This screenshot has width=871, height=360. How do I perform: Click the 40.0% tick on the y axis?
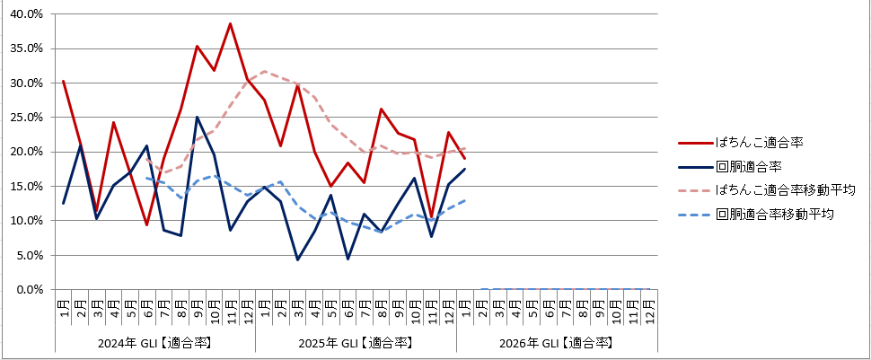click(x=25, y=14)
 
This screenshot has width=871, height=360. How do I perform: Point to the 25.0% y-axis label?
click(x=25, y=118)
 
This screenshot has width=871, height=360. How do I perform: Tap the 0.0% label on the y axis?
click(x=28, y=290)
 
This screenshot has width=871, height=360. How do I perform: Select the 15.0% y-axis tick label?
click(x=25, y=187)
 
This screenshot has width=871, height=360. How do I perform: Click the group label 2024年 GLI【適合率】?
click(x=155, y=343)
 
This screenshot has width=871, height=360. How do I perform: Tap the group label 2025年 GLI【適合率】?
click(x=356, y=343)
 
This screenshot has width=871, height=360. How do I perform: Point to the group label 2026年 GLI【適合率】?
click(x=558, y=343)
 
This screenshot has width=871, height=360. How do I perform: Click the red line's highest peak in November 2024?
click(x=231, y=23)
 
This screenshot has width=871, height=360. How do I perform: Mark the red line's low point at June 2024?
click(x=146, y=224)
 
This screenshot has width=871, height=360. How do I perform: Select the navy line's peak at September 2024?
click(x=197, y=117)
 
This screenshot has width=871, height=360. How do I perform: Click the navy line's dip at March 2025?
click(x=297, y=260)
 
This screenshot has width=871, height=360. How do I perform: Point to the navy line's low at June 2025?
click(x=348, y=259)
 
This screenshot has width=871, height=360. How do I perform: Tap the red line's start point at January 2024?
click(x=63, y=81)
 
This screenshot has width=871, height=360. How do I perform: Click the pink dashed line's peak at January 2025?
click(x=264, y=71)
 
